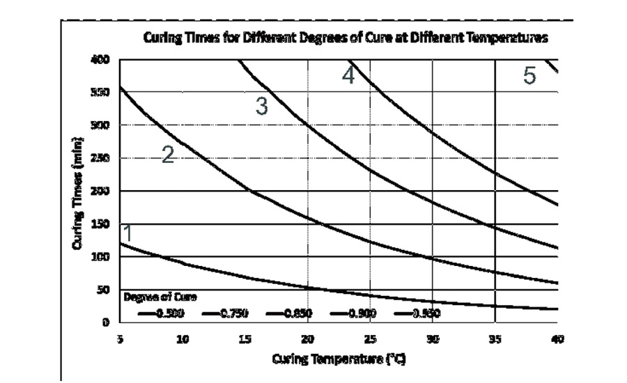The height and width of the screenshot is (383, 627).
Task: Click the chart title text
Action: point(346,38)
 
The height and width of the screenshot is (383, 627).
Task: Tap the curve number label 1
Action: point(127,233)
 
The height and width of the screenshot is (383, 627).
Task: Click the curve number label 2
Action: point(168,155)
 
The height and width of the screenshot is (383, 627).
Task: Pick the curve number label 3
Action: point(261,107)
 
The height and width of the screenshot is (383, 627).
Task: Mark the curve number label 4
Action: point(348,75)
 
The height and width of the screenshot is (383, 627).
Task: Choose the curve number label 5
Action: point(529,76)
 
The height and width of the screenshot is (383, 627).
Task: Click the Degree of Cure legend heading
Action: point(161,297)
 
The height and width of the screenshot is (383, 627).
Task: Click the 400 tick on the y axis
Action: point(101,60)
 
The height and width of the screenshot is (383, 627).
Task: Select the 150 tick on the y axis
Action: point(101,224)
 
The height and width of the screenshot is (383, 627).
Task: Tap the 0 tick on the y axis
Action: point(107,322)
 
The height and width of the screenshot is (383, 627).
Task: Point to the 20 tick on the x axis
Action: point(307,339)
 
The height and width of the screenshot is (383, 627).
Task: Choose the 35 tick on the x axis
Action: point(495,339)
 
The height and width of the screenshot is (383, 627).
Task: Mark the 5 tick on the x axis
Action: point(121,339)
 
